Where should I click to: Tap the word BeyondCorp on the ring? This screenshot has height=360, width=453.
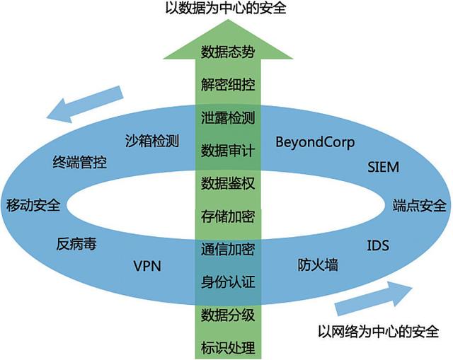coord(315,141)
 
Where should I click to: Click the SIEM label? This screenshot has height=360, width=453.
coord(384,168)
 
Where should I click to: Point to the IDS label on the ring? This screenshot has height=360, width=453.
coord(377,246)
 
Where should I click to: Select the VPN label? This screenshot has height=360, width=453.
coord(148,266)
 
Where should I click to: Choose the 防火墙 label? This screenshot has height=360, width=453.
coord(317,266)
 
